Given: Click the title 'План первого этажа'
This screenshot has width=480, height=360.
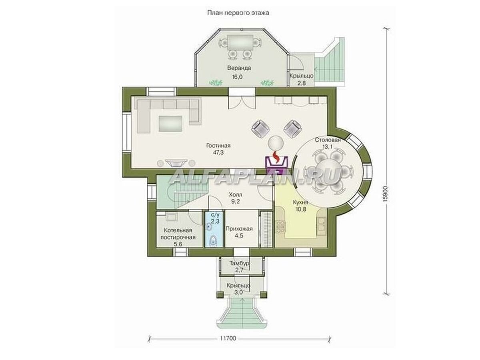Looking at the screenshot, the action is click(238, 13).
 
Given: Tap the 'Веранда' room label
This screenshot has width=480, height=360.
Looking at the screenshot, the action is click(239, 68).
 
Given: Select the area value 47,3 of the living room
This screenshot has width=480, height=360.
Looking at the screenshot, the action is click(218, 152).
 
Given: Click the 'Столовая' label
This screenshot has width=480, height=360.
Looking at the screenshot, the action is click(328, 140).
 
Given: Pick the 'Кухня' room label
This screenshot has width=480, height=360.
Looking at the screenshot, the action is click(301, 202).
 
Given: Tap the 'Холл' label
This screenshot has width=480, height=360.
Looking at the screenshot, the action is click(235, 194).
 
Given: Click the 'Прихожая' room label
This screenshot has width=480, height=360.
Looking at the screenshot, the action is click(239, 229).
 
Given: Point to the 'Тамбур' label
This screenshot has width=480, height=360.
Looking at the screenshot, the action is click(240, 263).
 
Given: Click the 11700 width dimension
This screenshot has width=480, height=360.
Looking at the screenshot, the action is click(228, 338).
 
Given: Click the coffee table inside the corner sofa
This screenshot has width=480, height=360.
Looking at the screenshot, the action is click(170, 124).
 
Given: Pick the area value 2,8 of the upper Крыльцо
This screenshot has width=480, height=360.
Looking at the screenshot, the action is click(301, 83).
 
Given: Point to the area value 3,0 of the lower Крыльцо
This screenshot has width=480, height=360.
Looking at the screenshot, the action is click(238, 293).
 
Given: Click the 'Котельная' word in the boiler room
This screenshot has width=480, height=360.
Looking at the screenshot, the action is click(178, 231).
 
